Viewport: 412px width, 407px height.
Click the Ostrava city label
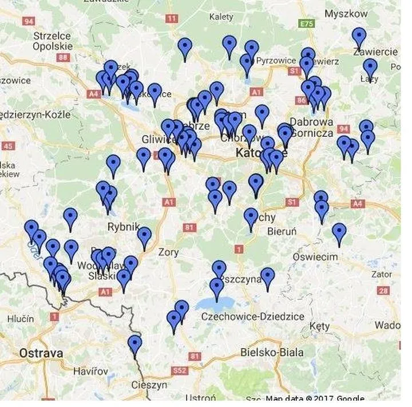(41, 353)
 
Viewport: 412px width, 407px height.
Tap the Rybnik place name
(124, 227)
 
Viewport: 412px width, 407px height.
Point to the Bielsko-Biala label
(272, 352)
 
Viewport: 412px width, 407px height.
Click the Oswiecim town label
(315, 257)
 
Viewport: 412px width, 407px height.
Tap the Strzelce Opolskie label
(52, 40)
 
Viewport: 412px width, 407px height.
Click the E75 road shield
(307, 24)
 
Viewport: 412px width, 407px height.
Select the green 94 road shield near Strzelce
(28, 21)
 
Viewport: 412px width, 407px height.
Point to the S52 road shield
(180, 370)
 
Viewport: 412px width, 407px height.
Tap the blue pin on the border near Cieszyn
(134, 345)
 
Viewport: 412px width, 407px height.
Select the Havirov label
(90, 371)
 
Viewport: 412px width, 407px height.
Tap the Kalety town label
(221, 17)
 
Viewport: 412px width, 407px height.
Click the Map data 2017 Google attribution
(315, 399)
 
